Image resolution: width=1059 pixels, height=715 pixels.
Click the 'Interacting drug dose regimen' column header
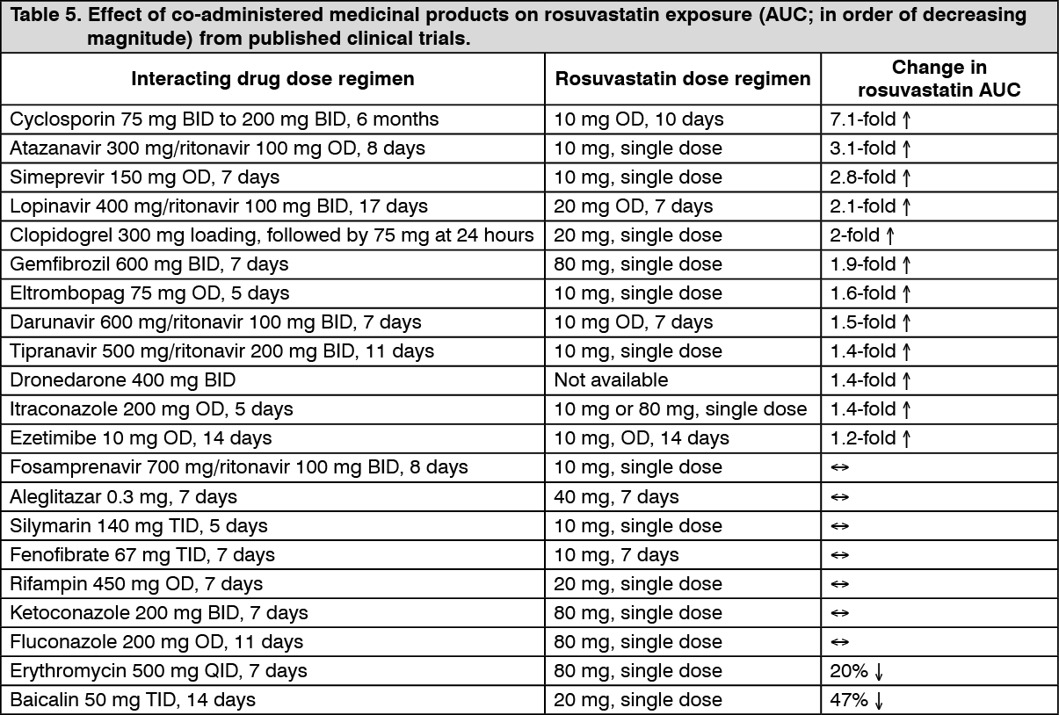coord(272,79)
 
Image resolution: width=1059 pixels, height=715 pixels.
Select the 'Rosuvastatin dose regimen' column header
coord(683,79)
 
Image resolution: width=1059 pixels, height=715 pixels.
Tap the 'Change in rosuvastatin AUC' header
coord(939,78)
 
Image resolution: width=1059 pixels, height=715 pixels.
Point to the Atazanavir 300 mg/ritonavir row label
coord(217,148)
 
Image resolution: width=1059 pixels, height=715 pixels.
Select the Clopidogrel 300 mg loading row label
coord(272,235)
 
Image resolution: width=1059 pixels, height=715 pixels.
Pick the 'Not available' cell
coord(611,379)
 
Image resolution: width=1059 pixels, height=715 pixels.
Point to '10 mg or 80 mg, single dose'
coord(680,408)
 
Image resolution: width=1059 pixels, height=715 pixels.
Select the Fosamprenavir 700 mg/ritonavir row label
coord(239,466)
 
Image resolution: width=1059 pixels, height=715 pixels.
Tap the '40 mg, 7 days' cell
coord(616,496)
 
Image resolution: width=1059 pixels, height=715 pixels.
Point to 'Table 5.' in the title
coord(42,15)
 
